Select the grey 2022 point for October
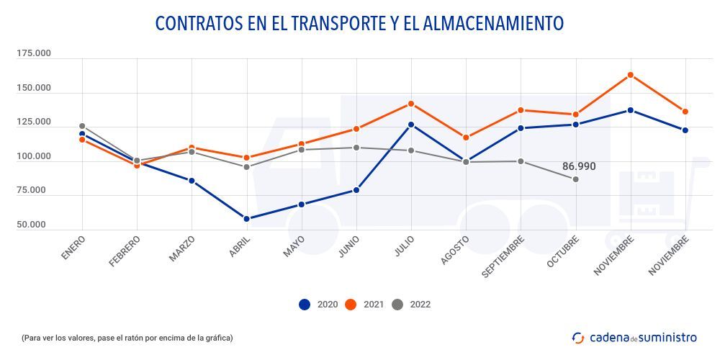click(x=576, y=179)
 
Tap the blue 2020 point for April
click(x=246, y=219)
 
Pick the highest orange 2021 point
click(x=631, y=75)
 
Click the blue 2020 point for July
click(x=411, y=125)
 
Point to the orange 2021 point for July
click(x=411, y=104)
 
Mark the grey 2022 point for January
click(x=82, y=126)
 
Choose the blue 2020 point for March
click(x=192, y=181)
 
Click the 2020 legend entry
click(x=316, y=305)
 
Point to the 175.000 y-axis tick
click(x=34, y=54)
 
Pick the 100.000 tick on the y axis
click(x=34, y=156)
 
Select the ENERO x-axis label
click(x=73, y=246)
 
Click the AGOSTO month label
click(x=455, y=249)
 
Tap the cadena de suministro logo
click(x=634, y=337)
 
